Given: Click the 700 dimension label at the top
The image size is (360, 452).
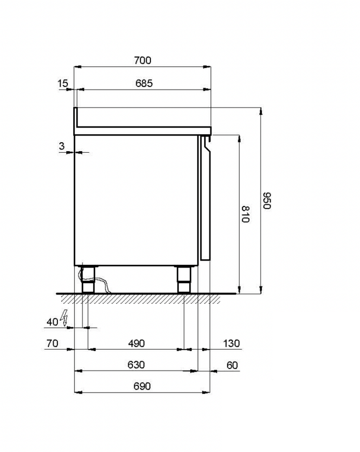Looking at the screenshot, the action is pos(143,60).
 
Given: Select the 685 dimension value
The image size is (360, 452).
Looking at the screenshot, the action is pos(144,83).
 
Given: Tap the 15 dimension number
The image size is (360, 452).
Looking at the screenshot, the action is pos(63,83).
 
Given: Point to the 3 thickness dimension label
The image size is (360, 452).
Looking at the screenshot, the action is pos(61,146).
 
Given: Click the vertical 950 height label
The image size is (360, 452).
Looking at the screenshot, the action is pos(267,200).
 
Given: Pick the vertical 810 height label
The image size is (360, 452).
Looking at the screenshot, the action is pos(245,214).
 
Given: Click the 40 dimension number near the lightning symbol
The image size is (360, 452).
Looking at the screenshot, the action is pos(52,322).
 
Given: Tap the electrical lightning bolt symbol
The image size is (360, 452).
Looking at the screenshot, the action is pos(64,318).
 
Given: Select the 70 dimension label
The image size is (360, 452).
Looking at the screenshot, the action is pos(52,343).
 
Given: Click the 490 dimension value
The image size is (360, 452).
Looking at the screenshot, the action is pos(136,343).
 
